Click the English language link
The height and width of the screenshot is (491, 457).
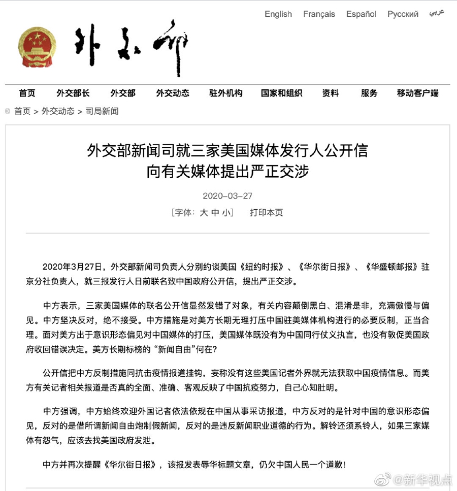point(278,14)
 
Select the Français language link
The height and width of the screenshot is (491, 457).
point(319,14)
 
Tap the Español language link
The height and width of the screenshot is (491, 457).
point(361,14)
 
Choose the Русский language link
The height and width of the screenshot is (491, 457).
point(403,14)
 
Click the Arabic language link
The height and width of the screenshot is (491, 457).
point(436,12)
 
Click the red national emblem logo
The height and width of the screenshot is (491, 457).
point(38,47)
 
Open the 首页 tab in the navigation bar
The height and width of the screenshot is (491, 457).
point(27,93)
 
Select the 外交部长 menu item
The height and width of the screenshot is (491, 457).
point(73,93)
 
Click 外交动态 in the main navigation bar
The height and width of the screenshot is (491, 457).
point(173,93)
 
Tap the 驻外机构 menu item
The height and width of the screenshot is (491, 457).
point(226,93)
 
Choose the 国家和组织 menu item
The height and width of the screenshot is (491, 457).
point(281,93)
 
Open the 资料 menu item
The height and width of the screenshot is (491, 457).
point(331,93)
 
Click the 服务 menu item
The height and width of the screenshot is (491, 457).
point(369,93)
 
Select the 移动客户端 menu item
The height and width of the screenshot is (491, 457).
point(418,93)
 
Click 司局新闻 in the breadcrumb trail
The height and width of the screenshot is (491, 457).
point(102,111)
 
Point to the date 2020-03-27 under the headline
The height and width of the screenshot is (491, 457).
point(227,196)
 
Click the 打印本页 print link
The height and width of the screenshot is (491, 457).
point(267,213)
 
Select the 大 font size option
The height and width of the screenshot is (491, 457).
point(203,213)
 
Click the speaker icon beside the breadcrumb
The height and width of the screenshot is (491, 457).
point(8,111)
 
